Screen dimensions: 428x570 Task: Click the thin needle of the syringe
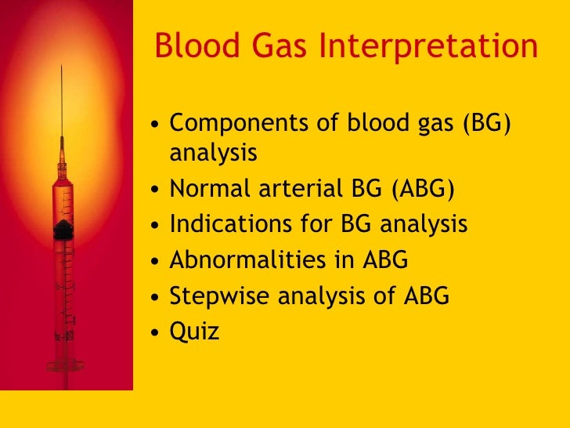pyautogui.click(x=62, y=110)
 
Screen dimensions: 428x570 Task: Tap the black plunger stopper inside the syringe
pyautogui.click(x=63, y=230)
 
